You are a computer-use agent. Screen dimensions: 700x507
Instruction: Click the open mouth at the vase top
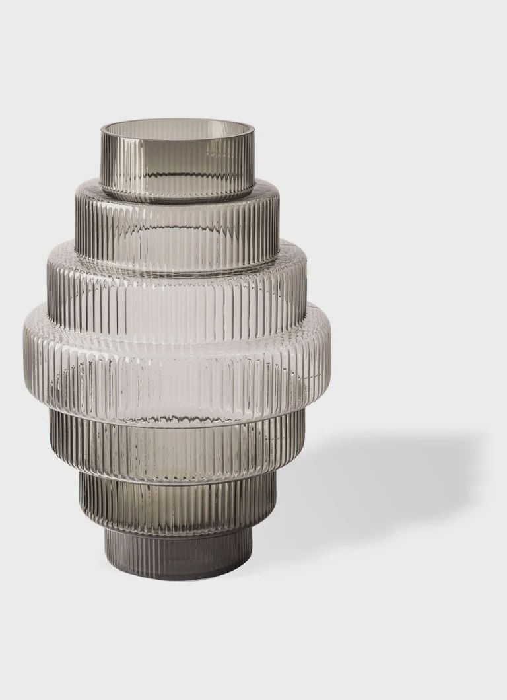[x=177, y=126]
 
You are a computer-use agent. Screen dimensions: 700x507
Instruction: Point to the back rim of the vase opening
[x=177, y=120]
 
